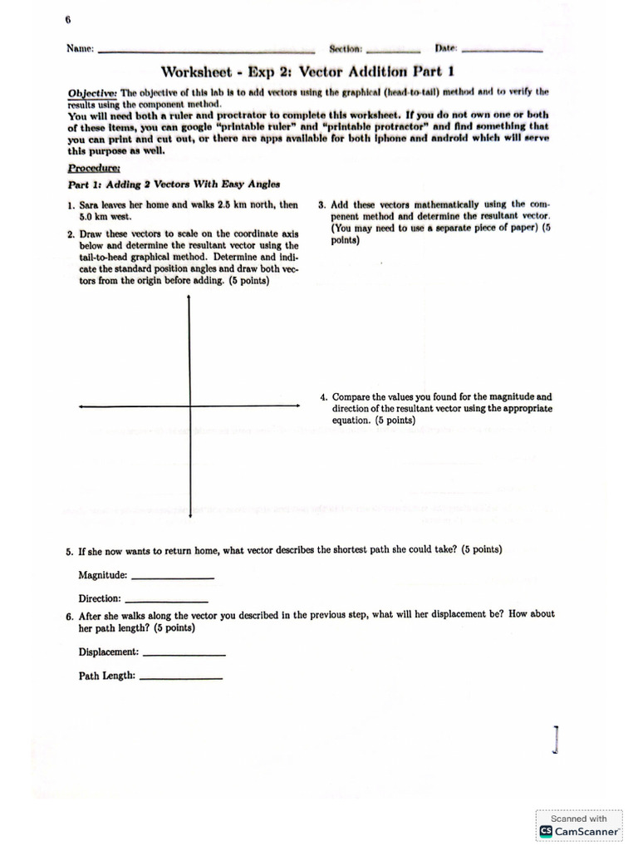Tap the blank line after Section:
click(393, 51)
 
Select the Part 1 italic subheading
click(174, 184)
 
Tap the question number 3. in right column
click(323, 204)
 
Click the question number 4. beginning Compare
click(324, 397)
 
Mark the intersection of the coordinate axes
click(190, 406)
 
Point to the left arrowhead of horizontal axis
click(81, 406)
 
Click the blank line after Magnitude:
click(173, 578)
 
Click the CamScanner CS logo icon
click(546, 830)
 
